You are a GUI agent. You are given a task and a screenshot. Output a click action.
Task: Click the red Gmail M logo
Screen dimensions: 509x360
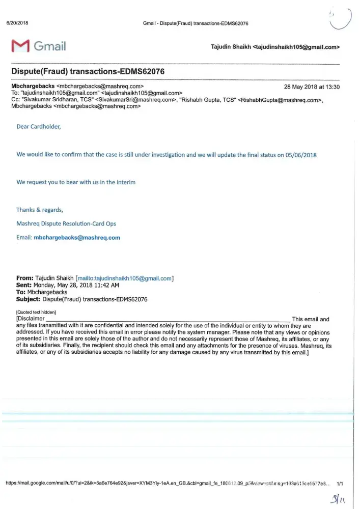click(x=19, y=46)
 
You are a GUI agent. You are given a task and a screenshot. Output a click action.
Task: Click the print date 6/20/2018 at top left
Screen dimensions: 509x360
click(x=16, y=23)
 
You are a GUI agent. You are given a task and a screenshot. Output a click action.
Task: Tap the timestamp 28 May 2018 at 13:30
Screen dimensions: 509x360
click(x=312, y=87)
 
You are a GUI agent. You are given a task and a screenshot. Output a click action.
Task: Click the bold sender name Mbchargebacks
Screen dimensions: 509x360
click(x=33, y=87)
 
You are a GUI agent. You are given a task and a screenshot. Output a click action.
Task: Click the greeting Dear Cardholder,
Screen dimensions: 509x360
click(x=39, y=127)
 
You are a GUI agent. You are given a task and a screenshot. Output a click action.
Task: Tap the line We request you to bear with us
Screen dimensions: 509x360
click(x=76, y=182)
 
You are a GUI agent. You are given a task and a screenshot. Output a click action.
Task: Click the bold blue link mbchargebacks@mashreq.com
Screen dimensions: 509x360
click(x=76, y=238)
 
